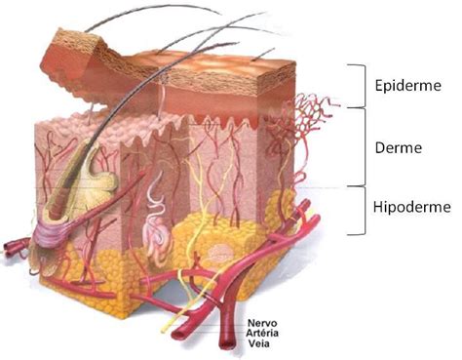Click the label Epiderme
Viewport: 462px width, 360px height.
[x=408, y=86]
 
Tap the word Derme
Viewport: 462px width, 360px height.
[x=399, y=148]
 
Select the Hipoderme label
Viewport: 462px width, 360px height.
[x=412, y=207]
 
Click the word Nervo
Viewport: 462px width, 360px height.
[x=262, y=323]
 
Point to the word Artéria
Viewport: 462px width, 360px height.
[x=262, y=333]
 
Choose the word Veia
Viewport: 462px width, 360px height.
[x=259, y=343]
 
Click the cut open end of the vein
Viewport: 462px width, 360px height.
[x=227, y=344]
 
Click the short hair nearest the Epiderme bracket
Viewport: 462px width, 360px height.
[x=263, y=55]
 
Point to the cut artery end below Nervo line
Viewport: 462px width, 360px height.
[x=178, y=334]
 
